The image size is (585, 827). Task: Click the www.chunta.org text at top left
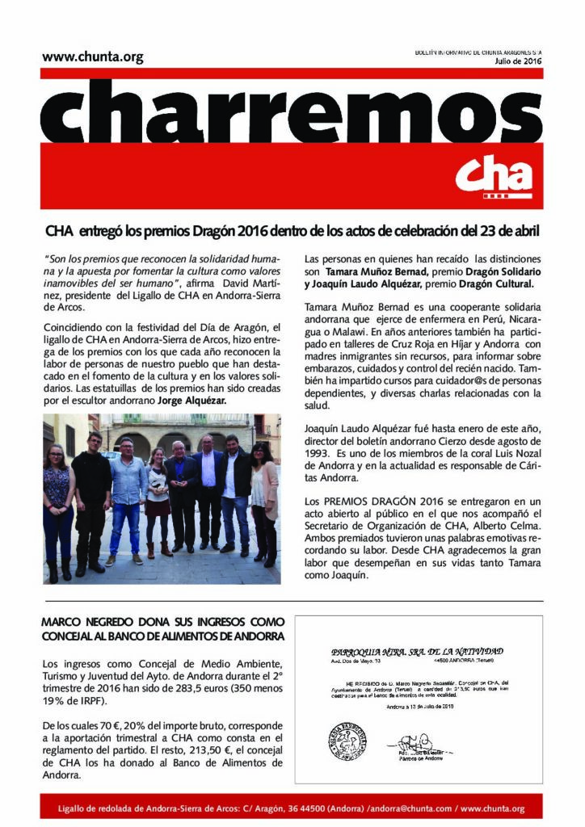pos(92,57)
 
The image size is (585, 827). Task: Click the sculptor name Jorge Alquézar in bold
pos(192,400)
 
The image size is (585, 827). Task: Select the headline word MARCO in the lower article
pos(65,623)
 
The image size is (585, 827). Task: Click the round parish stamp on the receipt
pos(348,739)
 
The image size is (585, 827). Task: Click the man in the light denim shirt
pos(128,497)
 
